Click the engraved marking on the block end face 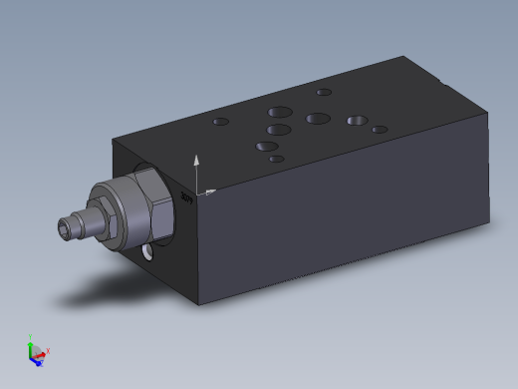coord(186,197)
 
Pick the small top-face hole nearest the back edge coord(323,93)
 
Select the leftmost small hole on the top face coord(220,123)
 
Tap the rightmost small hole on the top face coord(380,129)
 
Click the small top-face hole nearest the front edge coord(275,159)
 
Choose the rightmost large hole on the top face coord(357,121)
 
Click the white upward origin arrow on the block coord(197,160)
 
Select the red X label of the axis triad coord(48,350)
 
